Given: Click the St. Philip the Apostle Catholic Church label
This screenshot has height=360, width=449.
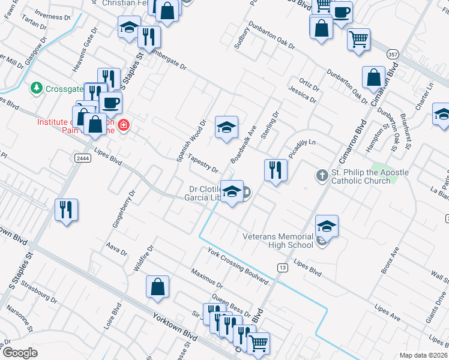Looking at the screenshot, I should point(369,176).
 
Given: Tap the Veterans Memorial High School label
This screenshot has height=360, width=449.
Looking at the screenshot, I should point(278,240).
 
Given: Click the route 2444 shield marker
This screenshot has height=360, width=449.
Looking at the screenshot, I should point(83,158).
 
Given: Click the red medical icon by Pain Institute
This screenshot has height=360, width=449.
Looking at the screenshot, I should point(124,126).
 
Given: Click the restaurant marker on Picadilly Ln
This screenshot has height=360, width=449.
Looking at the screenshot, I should point(276,170).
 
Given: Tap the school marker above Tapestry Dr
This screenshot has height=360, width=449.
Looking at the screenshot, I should point(226,127).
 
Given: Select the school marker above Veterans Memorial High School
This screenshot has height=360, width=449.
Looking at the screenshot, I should point(327,226).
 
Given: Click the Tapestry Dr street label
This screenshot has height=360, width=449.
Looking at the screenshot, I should point(202,163).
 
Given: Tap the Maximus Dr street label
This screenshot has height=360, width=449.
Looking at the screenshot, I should point(207,277).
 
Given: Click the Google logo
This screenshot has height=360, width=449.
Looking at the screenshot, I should point(20,353).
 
